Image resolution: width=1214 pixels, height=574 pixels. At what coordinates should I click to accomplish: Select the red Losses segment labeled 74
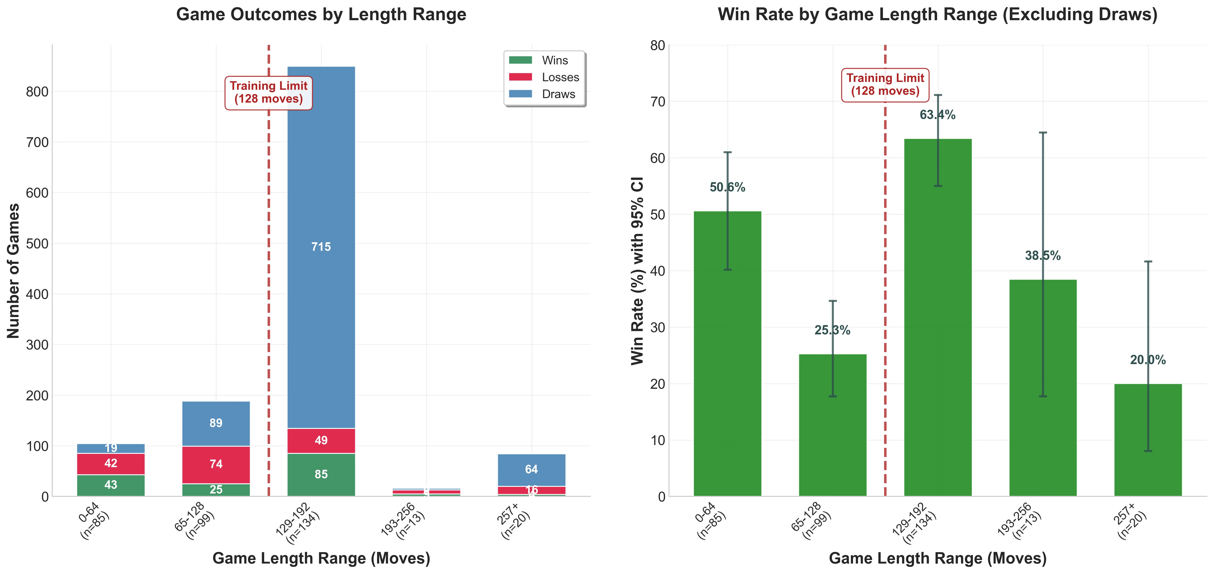click(x=216, y=464)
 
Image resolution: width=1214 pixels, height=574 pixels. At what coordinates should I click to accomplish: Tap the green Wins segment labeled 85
click(x=321, y=474)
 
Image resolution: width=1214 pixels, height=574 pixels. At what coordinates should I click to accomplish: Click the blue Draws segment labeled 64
click(x=531, y=469)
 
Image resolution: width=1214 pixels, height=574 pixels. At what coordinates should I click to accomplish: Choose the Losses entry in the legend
click(x=544, y=77)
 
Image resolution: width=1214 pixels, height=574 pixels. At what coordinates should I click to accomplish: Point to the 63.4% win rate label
click(x=937, y=115)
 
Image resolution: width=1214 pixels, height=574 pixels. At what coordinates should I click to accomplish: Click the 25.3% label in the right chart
click(x=832, y=330)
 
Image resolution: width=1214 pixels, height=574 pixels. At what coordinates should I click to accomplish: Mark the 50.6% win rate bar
click(x=727, y=353)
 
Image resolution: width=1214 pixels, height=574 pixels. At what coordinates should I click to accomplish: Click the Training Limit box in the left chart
click(x=269, y=93)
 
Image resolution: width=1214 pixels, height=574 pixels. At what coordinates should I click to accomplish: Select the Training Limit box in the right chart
click(x=885, y=85)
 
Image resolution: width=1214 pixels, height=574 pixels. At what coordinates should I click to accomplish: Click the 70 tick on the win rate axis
click(x=657, y=102)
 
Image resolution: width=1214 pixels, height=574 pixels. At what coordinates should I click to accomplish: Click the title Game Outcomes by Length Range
click(x=321, y=15)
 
